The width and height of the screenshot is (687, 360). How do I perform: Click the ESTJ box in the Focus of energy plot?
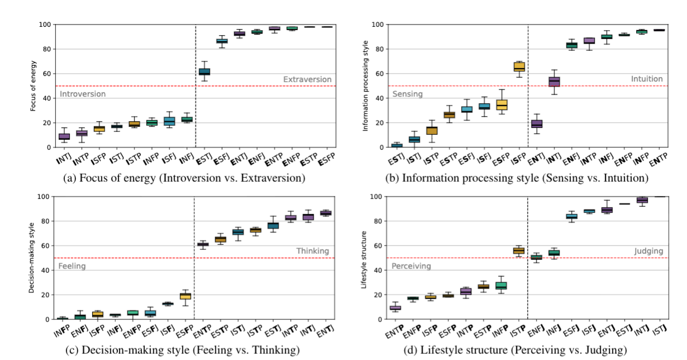(x=205, y=72)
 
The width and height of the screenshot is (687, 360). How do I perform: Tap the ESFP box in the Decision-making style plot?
(x=185, y=295)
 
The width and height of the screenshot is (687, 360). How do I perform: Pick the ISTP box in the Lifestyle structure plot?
(x=519, y=250)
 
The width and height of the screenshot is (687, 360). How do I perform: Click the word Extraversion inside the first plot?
(x=307, y=79)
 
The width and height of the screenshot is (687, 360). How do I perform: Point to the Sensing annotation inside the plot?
(x=408, y=94)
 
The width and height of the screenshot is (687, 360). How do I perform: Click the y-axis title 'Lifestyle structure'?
(x=364, y=258)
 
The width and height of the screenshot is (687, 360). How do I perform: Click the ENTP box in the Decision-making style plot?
(x=202, y=244)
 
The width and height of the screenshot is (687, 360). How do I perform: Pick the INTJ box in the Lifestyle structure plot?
(x=642, y=200)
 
